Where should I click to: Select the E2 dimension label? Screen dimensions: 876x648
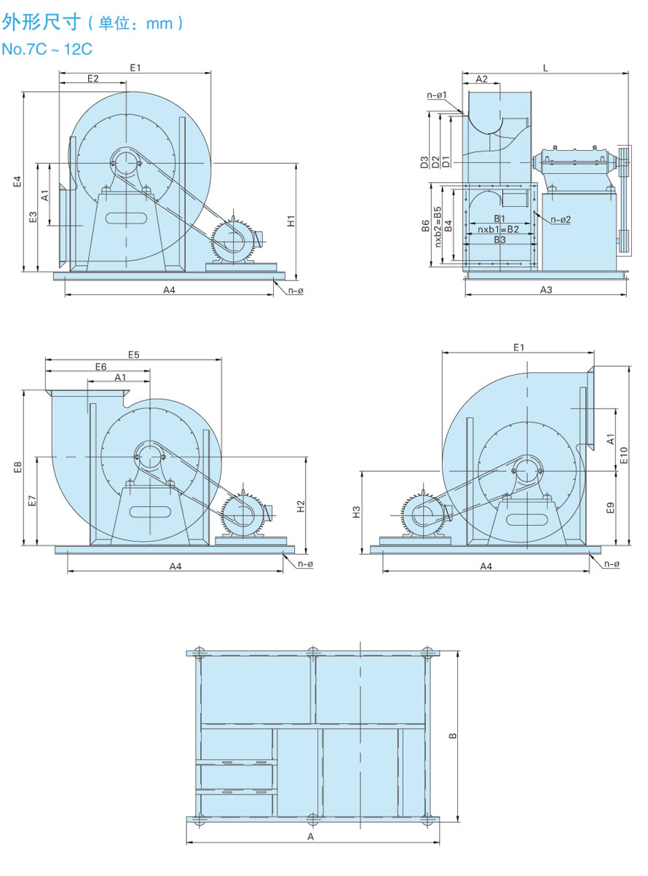pyautogui.click(x=92, y=78)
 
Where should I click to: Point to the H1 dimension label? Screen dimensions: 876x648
pyautogui.click(x=290, y=220)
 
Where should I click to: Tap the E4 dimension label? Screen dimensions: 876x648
pyautogui.click(x=17, y=182)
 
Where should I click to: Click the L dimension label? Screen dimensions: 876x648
pyautogui.click(x=545, y=67)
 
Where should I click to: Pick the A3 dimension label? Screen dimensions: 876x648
pyautogui.click(x=546, y=290)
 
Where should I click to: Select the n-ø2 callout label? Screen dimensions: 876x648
pyautogui.click(x=561, y=219)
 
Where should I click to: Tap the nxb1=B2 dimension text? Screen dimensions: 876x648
pyautogui.click(x=499, y=229)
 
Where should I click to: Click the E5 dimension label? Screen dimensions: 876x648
pyautogui.click(x=133, y=355)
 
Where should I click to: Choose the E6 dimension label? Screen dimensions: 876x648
pyautogui.click(x=100, y=366)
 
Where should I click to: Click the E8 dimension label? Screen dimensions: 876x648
pyautogui.click(x=17, y=467)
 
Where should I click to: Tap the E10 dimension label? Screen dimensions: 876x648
pyautogui.click(x=624, y=456)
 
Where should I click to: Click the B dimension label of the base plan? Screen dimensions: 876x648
pyautogui.click(x=452, y=735)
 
